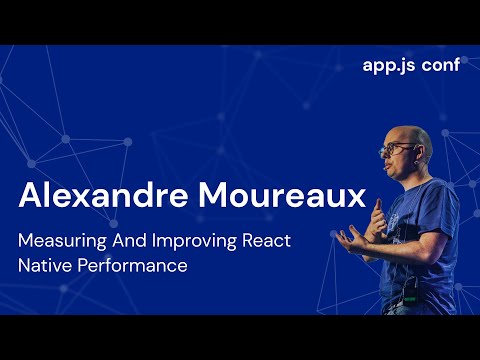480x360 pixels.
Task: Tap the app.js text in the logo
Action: (x=389, y=67)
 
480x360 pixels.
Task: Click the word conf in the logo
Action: (x=443, y=67)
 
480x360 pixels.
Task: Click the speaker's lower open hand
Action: (x=353, y=238)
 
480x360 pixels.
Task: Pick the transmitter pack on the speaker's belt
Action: (x=410, y=297)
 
